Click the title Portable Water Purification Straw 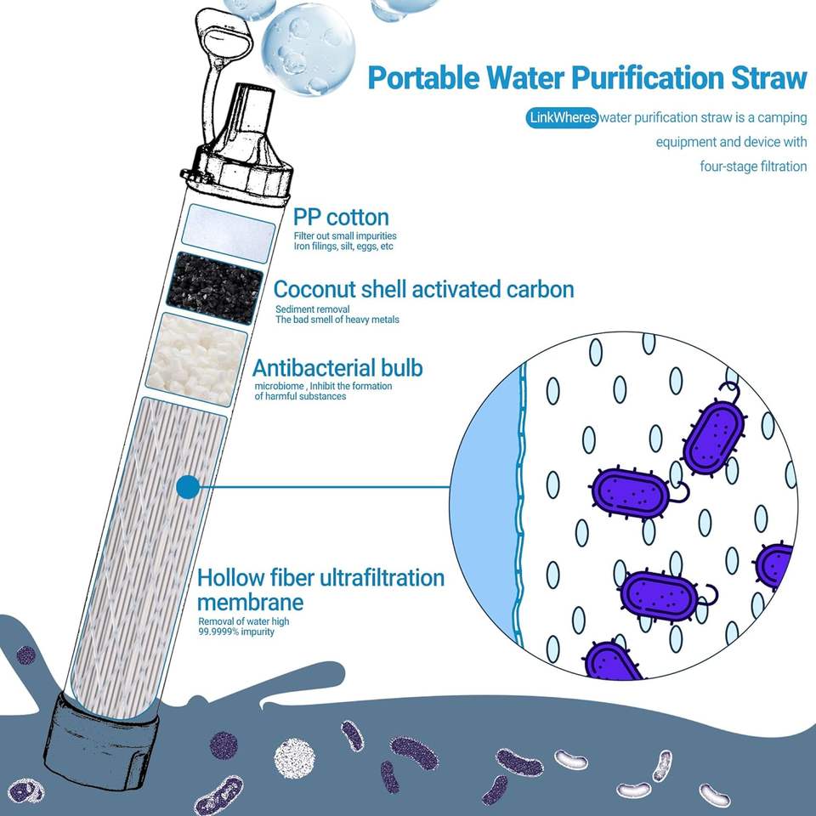tap(586, 78)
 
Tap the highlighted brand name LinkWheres tap(562, 117)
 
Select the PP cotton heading tap(341, 217)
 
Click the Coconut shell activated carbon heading tap(423, 289)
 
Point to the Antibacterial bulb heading tap(337, 368)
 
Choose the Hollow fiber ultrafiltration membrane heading tap(320, 590)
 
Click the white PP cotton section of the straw tap(230, 225)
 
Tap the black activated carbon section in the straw tap(217, 287)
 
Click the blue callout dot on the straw tap(187, 487)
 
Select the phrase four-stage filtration tap(753, 166)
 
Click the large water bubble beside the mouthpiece tap(307, 47)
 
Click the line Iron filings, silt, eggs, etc tap(343, 246)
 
